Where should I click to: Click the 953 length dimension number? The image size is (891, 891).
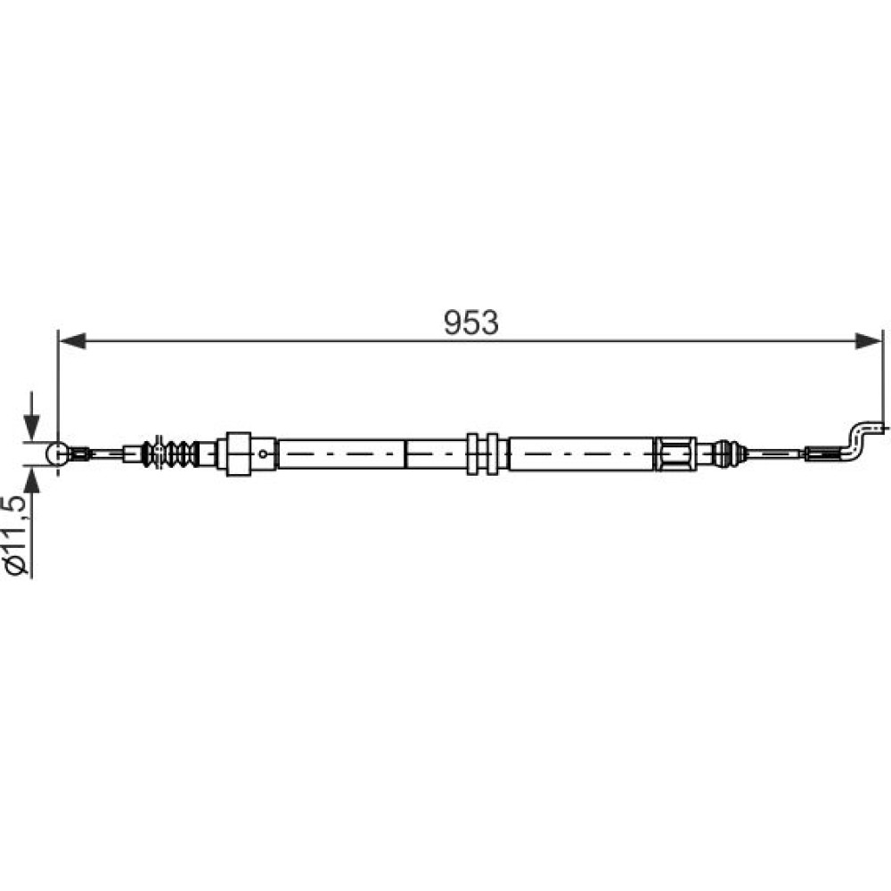(470, 323)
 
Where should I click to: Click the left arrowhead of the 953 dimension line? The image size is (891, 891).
(72, 341)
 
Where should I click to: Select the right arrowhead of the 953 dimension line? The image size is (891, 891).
(870, 341)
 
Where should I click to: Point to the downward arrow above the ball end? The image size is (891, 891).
(32, 416)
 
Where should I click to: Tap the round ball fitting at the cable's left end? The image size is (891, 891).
(57, 454)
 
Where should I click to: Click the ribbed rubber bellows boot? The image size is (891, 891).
(170, 454)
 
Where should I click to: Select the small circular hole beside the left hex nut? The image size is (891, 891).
(263, 454)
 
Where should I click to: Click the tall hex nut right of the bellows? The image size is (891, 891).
(239, 454)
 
